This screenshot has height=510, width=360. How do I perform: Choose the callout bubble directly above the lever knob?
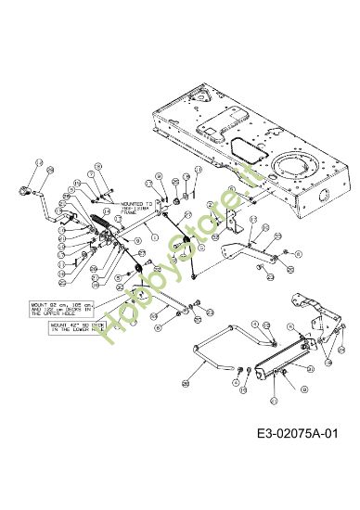[x=38, y=163]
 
